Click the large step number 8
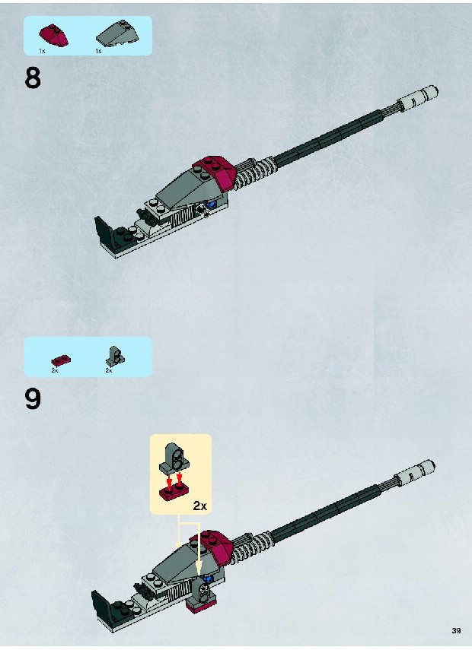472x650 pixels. click(33, 78)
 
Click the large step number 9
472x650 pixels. click(33, 399)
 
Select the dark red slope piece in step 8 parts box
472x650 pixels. click(53, 36)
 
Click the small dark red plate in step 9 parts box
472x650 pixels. click(61, 360)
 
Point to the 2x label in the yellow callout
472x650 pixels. click(199, 506)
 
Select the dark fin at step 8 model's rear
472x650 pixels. click(103, 235)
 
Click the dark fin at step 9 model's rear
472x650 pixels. click(100, 608)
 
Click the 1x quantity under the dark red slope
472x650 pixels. click(42, 51)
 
